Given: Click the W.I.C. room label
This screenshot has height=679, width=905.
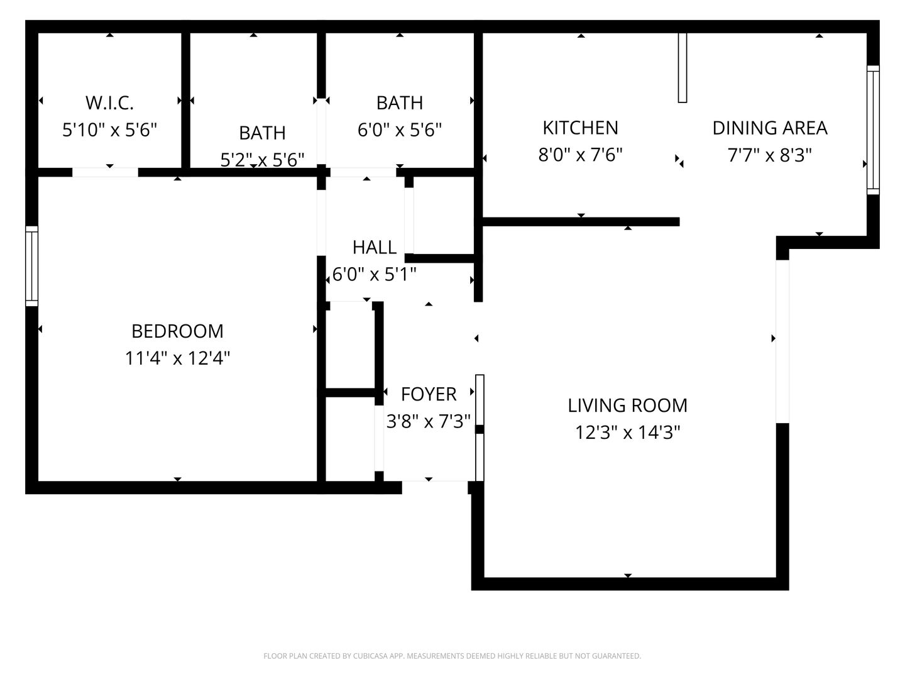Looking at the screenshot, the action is [x=110, y=102].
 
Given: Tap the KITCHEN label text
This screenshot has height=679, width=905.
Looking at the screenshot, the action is [x=581, y=128].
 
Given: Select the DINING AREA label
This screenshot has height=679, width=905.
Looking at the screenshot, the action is [x=770, y=128].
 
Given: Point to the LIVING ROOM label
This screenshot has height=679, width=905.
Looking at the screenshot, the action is [x=627, y=406].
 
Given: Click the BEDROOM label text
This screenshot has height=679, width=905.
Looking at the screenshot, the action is [x=177, y=331].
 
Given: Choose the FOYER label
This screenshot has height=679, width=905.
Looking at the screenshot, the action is [x=429, y=394].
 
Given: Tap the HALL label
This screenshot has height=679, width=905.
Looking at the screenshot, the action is [x=375, y=247].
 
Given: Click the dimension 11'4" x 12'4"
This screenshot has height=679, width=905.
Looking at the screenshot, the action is [x=177, y=358].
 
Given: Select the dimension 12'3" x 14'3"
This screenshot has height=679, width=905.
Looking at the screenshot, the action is [x=627, y=433].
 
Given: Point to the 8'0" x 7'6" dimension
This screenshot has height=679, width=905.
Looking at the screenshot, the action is [x=581, y=155].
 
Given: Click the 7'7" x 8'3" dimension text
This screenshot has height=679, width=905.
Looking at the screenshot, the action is [x=770, y=155].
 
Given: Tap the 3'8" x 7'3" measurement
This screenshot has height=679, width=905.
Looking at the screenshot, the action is [x=429, y=421].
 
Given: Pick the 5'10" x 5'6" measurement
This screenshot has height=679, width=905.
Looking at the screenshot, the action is [x=110, y=130].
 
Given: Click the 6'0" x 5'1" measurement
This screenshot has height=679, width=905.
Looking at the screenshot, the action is [x=375, y=274].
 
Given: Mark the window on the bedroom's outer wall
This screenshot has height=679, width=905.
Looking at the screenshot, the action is [x=32, y=266].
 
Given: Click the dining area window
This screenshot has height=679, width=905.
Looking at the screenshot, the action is [x=873, y=130].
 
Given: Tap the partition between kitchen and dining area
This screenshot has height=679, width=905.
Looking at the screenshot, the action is [x=683, y=68].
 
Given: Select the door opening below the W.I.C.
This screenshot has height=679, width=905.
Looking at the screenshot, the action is [x=105, y=172].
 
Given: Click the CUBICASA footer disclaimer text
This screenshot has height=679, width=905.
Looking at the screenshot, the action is [x=452, y=656].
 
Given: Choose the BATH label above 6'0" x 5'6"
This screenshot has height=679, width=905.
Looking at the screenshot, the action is [x=400, y=102].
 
